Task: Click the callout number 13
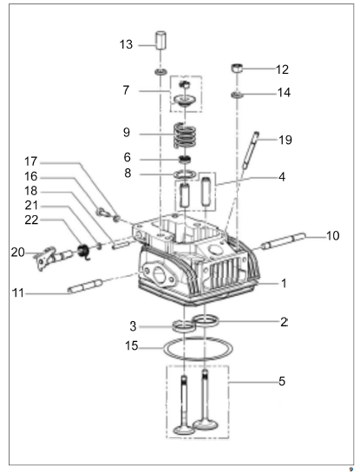[126, 44]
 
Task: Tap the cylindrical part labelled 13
[160, 40]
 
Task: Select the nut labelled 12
[238, 68]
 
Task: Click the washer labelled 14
[238, 95]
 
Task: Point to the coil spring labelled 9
[185, 135]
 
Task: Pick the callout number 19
[285, 140]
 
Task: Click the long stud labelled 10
[284, 240]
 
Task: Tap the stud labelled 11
[85, 286]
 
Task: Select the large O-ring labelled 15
[198, 349]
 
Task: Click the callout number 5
[282, 381]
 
